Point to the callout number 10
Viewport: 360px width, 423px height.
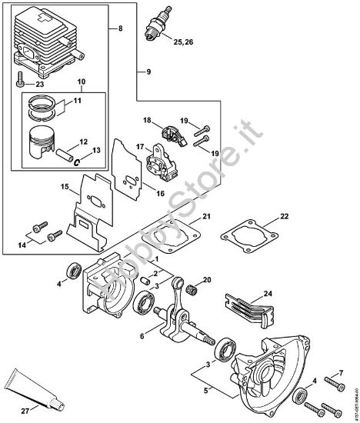tap(82, 82)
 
